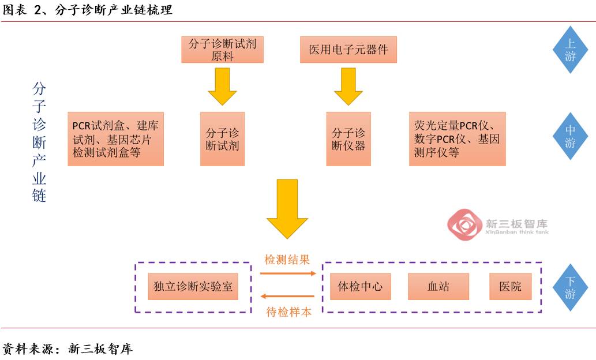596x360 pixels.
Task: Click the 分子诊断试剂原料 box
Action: [x=222, y=50]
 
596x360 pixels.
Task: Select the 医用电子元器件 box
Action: [x=348, y=50]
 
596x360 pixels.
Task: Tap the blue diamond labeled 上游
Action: [x=570, y=50]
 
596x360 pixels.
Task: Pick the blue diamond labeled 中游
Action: [x=570, y=136]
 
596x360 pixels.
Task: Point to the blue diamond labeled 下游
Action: [x=570, y=287]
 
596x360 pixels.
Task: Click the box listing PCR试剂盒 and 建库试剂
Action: [x=115, y=138]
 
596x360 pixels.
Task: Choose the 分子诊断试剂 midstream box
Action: [x=222, y=139]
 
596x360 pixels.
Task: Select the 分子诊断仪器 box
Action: [x=348, y=139]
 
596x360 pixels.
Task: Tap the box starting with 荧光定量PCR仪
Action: [x=457, y=139]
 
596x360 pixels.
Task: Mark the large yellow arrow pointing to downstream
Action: [x=287, y=208]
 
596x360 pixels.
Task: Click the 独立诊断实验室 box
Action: [x=193, y=287]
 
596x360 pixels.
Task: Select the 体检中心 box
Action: [x=360, y=287]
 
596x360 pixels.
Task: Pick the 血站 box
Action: [x=438, y=287]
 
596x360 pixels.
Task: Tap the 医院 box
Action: [x=510, y=287]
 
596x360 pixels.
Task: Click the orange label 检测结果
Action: [x=287, y=260]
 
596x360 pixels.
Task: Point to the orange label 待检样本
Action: [x=288, y=312]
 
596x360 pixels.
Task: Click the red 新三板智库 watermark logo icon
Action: [x=464, y=226]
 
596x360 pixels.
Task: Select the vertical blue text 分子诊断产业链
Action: [x=39, y=142]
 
